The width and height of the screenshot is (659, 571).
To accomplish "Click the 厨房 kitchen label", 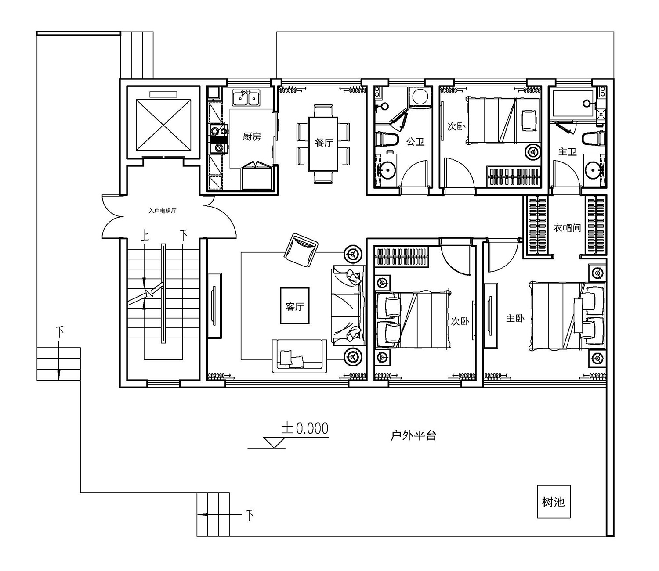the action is pyautogui.click(x=252, y=137).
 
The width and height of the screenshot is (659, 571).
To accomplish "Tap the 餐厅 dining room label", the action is pyautogui.click(x=324, y=143).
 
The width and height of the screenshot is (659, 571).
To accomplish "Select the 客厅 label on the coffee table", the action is pyautogui.click(x=294, y=306).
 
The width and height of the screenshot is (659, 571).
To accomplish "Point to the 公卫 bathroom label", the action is pyautogui.click(x=415, y=142).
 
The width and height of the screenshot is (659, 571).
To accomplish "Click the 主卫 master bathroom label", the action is pyautogui.click(x=567, y=151).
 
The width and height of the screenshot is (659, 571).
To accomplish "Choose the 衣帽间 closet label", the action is pyautogui.click(x=567, y=228).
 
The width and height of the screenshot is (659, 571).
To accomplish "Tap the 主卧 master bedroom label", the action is pyautogui.click(x=515, y=319).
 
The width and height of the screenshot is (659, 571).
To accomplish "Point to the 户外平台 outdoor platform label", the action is pyautogui.click(x=413, y=435).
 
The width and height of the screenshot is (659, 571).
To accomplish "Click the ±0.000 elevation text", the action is pyautogui.click(x=305, y=428).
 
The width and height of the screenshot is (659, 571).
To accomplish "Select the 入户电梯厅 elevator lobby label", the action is pyautogui.click(x=163, y=211).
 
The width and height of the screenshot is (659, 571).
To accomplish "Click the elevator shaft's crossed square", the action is pyautogui.click(x=163, y=125).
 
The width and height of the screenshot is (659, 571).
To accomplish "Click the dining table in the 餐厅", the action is pyautogui.click(x=323, y=144).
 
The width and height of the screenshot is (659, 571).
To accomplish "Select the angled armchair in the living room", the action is pyautogui.click(x=301, y=250).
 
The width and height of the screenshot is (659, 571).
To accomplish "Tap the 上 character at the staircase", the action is pyautogui.click(x=145, y=236).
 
